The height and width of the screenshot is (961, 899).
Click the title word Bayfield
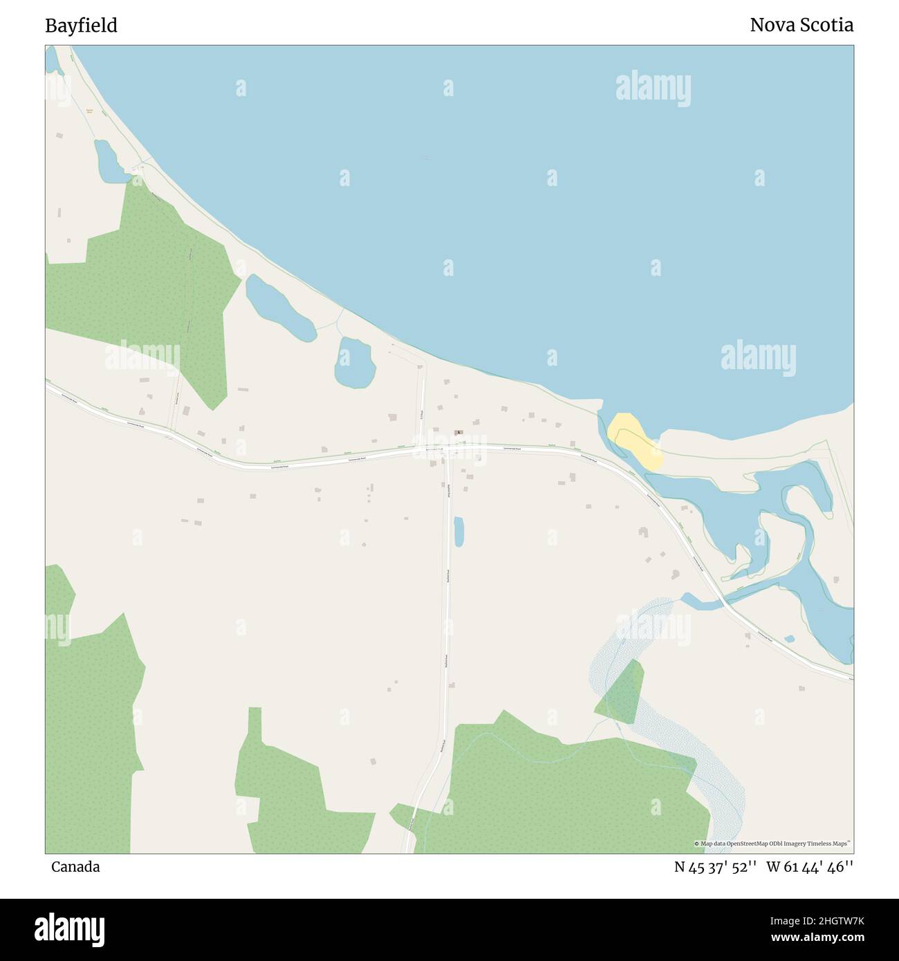(x=81, y=26)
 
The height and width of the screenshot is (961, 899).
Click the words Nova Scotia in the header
(x=801, y=26)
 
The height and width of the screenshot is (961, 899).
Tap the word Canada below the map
(x=75, y=866)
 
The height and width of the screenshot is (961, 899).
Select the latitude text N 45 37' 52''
(x=716, y=866)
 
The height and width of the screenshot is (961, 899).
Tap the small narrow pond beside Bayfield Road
(x=458, y=532)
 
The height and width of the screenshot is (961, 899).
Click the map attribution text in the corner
(x=772, y=843)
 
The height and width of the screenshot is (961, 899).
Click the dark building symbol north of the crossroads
(x=458, y=433)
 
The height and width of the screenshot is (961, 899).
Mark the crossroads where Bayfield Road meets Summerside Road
(x=447, y=450)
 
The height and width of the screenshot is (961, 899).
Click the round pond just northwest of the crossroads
(x=354, y=362)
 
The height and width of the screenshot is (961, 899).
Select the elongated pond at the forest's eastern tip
(x=279, y=306)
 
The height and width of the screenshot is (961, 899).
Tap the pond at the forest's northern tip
(x=110, y=162)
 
